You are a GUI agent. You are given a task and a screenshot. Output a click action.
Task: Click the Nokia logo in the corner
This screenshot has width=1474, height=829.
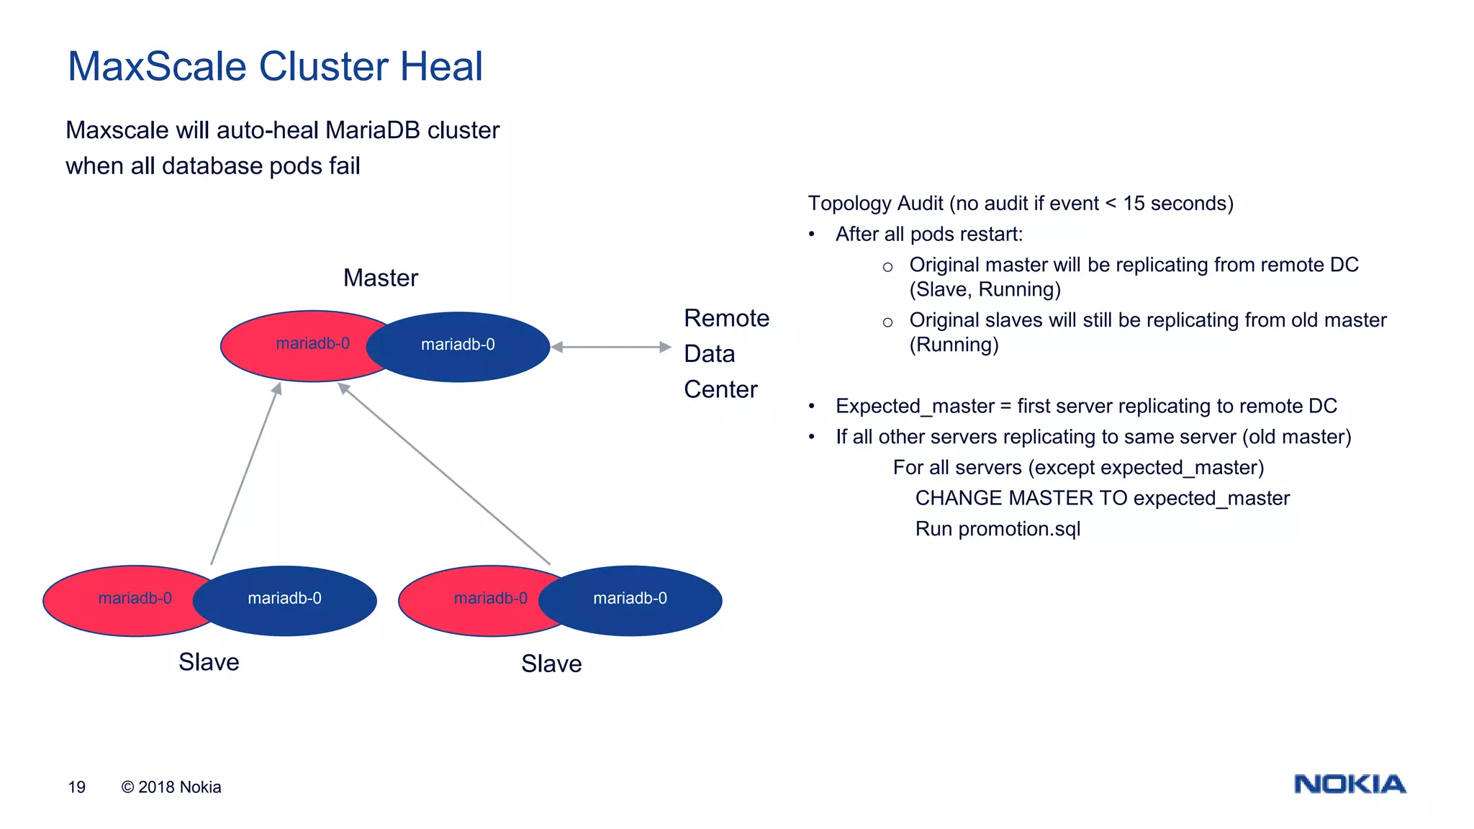pos(1349,784)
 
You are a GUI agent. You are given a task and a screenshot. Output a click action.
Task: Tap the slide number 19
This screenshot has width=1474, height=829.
pos(76,787)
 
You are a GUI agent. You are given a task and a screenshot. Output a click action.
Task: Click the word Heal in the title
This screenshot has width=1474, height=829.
pos(440,67)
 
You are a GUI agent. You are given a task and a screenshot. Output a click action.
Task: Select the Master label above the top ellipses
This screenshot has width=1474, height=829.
pos(380,278)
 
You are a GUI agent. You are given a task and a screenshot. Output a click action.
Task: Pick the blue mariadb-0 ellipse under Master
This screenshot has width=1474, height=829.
pos(458,346)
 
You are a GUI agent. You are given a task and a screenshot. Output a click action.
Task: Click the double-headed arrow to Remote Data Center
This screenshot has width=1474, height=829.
pos(611,347)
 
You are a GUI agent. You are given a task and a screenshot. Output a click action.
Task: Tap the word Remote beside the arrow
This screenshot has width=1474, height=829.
pos(725,318)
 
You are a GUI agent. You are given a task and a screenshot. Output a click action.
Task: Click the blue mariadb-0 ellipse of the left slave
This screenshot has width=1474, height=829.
pos(285,599)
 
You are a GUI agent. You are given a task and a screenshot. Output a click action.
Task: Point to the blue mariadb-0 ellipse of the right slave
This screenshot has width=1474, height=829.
pos(630,599)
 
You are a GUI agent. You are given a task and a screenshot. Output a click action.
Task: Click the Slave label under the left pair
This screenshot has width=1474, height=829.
pos(209,662)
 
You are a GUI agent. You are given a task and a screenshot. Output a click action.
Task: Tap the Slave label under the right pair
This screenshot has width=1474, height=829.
pos(551,663)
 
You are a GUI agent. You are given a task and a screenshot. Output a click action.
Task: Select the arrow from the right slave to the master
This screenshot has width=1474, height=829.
pos(444,474)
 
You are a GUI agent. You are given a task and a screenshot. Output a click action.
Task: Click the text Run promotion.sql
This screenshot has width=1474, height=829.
pos(998,529)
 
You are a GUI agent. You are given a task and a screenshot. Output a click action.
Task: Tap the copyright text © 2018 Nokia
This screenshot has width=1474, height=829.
pos(171,787)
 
